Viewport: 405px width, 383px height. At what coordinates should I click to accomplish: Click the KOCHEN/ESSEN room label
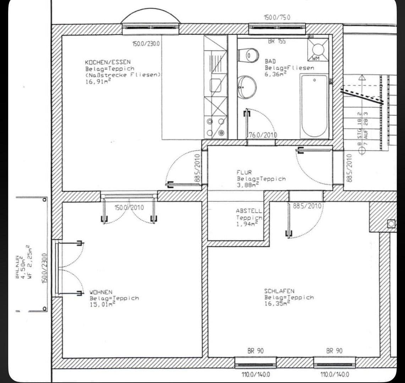tap(108, 62)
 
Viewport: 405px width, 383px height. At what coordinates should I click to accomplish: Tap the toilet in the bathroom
tap(249, 55)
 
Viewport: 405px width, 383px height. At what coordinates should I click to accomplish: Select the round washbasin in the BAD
tap(247, 87)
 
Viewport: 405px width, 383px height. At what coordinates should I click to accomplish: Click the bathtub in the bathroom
tap(314, 106)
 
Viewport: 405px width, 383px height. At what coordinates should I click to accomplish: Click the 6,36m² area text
tap(275, 74)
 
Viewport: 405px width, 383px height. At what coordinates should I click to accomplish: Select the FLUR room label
tap(244, 172)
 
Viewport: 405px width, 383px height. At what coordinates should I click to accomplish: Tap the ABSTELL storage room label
tap(249, 211)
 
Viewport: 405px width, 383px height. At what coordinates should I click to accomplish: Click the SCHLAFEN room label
tap(279, 291)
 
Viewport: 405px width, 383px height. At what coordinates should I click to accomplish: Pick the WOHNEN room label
tap(101, 293)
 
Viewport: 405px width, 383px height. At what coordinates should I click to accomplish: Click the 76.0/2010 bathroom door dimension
tap(262, 135)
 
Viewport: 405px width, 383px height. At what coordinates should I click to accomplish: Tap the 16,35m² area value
tap(277, 304)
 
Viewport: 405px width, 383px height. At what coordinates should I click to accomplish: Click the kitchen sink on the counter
tap(215, 85)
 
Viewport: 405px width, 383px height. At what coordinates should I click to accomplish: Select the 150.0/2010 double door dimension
tap(129, 207)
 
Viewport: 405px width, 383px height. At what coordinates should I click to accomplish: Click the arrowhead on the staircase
tap(362, 77)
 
